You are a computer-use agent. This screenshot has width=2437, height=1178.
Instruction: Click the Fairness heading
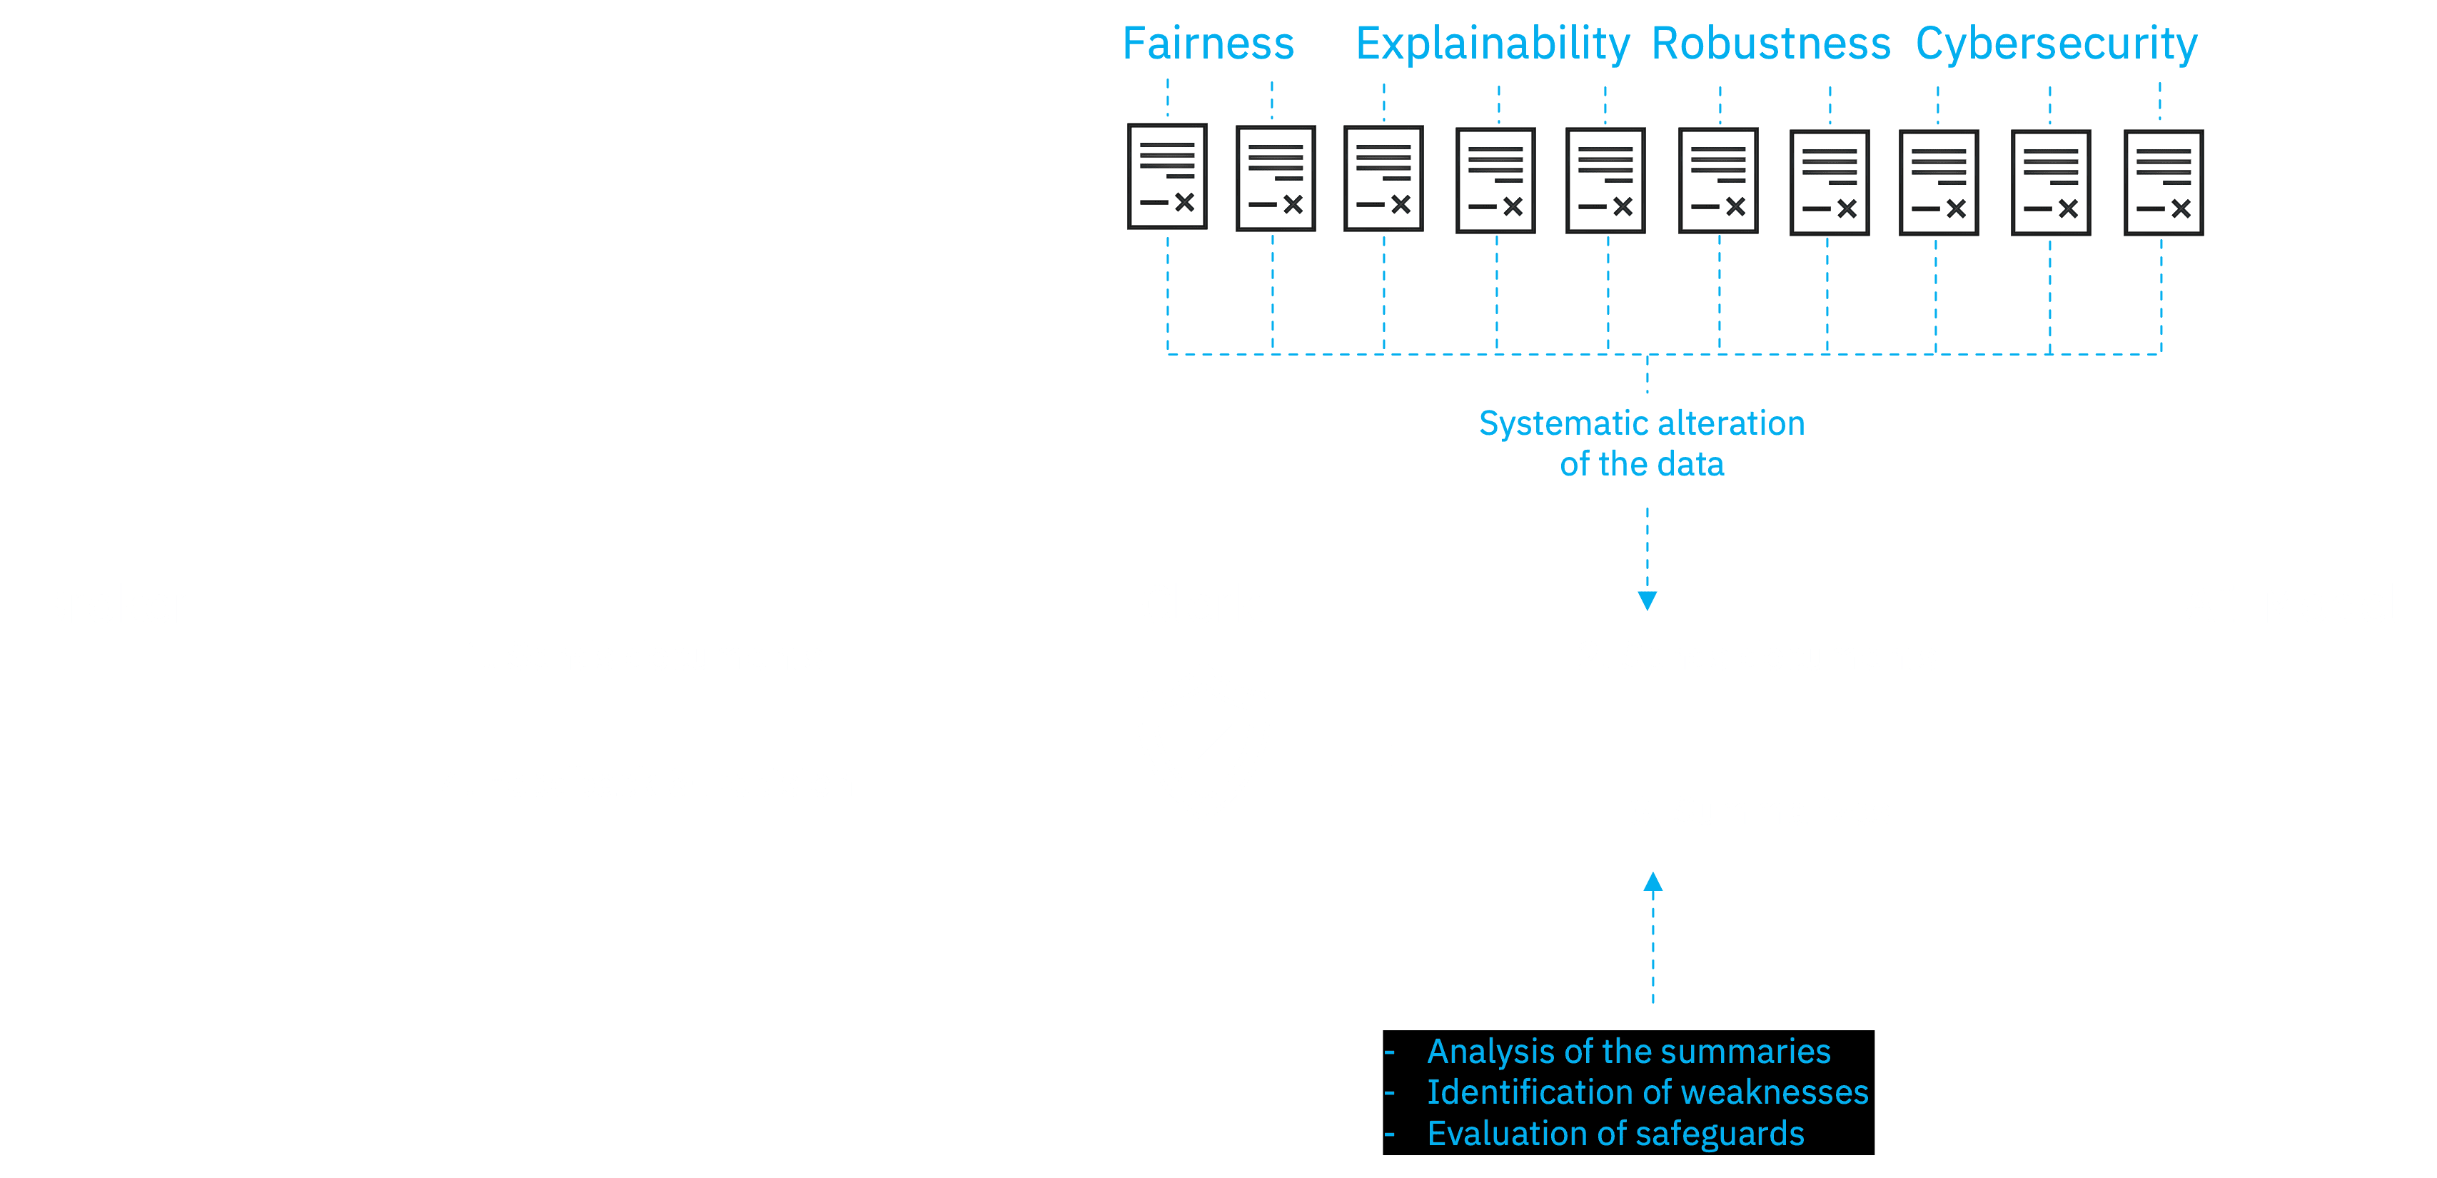click(x=1207, y=44)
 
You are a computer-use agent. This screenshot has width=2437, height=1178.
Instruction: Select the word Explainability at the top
click(x=1492, y=44)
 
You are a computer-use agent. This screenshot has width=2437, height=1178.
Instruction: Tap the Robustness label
click(x=1770, y=44)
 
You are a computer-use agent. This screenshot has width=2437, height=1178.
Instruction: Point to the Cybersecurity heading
click(x=2056, y=44)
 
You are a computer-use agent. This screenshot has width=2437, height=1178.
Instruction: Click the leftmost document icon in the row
click(x=1166, y=176)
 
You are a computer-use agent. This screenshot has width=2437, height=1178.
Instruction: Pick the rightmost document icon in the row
click(x=2163, y=183)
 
